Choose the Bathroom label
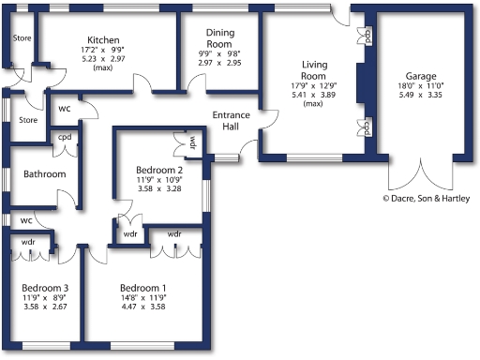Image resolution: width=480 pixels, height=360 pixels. click(44, 173)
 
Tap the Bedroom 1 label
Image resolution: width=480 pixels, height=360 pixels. click(144, 288)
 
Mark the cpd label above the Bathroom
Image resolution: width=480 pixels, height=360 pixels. click(65, 137)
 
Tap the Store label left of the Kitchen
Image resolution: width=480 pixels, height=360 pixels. click(21, 39)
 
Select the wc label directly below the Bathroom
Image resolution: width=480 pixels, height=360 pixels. click(27, 220)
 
